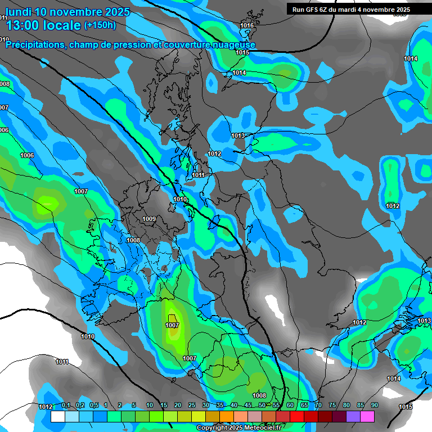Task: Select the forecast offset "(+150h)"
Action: (100, 25)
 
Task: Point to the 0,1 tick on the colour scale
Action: (66, 406)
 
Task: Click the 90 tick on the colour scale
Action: (374, 406)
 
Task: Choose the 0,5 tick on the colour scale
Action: (94, 406)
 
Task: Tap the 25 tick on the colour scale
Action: (192, 406)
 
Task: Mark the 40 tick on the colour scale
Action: (234, 406)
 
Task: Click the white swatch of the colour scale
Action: (57, 416)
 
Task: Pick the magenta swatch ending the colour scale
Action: (367, 416)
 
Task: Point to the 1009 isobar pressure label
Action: (149, 219)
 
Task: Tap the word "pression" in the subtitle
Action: (132, 44)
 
